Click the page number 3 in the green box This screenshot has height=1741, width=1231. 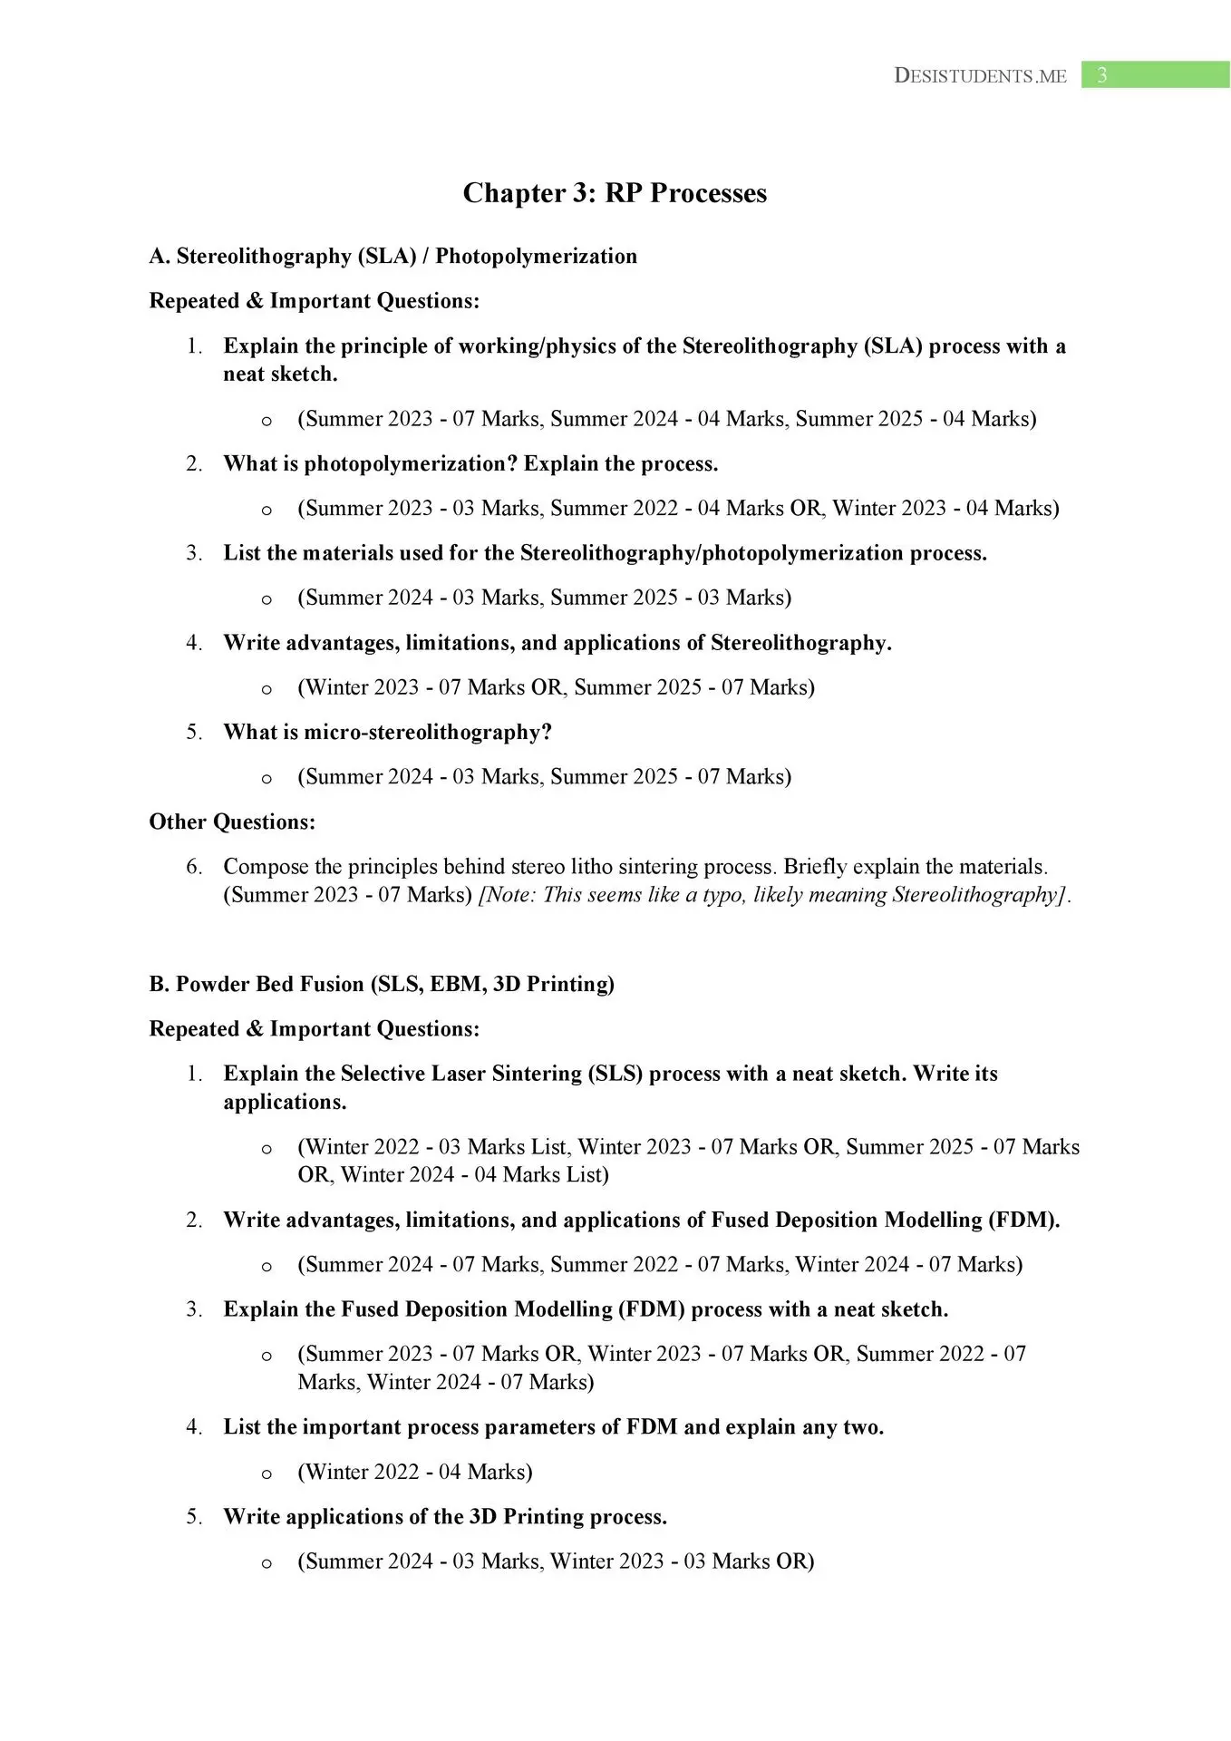pos(1101,75)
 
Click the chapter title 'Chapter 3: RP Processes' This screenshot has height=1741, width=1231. pos(615,193)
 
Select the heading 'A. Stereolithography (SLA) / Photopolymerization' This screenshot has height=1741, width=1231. pos(393,257)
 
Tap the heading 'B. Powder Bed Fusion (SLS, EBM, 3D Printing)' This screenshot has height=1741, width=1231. pos(382,984)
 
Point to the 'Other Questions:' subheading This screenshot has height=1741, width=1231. pos(232,822)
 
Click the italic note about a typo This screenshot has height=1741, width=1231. pos(774,895)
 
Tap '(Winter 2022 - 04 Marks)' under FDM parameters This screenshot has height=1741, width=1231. pos(414,1472)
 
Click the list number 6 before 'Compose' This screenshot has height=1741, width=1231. pos(194,867)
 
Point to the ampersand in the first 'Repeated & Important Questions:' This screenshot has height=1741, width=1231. pos(254,301)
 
